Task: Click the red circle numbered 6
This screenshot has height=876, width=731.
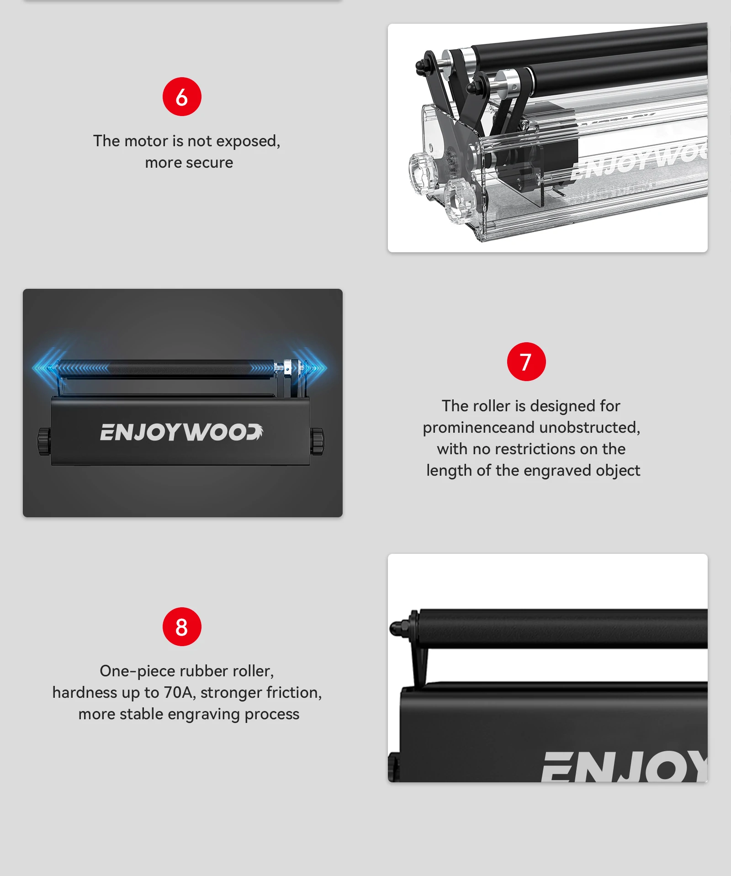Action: [182, 97]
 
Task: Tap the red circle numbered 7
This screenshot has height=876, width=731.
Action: [526, 361]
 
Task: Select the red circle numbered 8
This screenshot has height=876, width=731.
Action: [182, 626]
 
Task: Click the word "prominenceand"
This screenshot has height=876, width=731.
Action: [478, 428]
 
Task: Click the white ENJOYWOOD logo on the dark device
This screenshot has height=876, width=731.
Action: [181, 432]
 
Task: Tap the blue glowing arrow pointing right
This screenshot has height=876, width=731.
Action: [315, 367]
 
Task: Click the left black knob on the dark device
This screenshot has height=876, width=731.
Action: [44, 441]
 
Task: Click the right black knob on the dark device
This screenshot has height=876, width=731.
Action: [317, 441]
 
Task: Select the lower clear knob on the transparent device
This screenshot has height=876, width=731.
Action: [459, 200]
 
